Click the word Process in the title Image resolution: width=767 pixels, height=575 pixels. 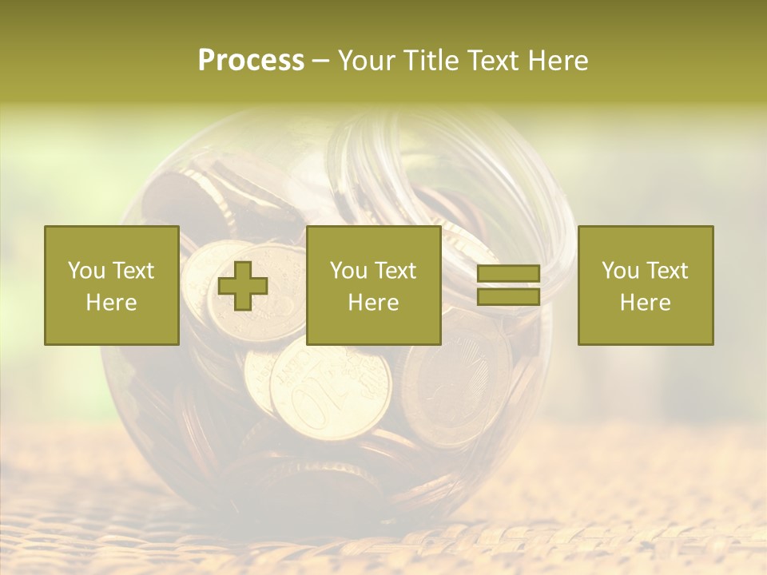251,61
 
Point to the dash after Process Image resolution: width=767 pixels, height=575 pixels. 320,61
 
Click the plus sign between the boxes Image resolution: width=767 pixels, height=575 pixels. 243,286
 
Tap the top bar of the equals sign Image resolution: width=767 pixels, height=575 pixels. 508,274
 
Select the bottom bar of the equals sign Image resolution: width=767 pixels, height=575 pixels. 508,297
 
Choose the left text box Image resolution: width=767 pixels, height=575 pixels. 112,285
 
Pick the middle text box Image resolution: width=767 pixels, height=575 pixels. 374,285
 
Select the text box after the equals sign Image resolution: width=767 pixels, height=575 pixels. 646,285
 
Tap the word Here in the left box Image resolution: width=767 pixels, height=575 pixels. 112,303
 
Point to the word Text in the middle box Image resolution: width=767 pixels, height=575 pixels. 395,271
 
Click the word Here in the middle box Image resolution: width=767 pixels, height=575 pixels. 374,303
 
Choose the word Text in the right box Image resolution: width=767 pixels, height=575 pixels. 667,271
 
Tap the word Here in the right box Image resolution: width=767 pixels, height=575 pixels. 646,303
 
